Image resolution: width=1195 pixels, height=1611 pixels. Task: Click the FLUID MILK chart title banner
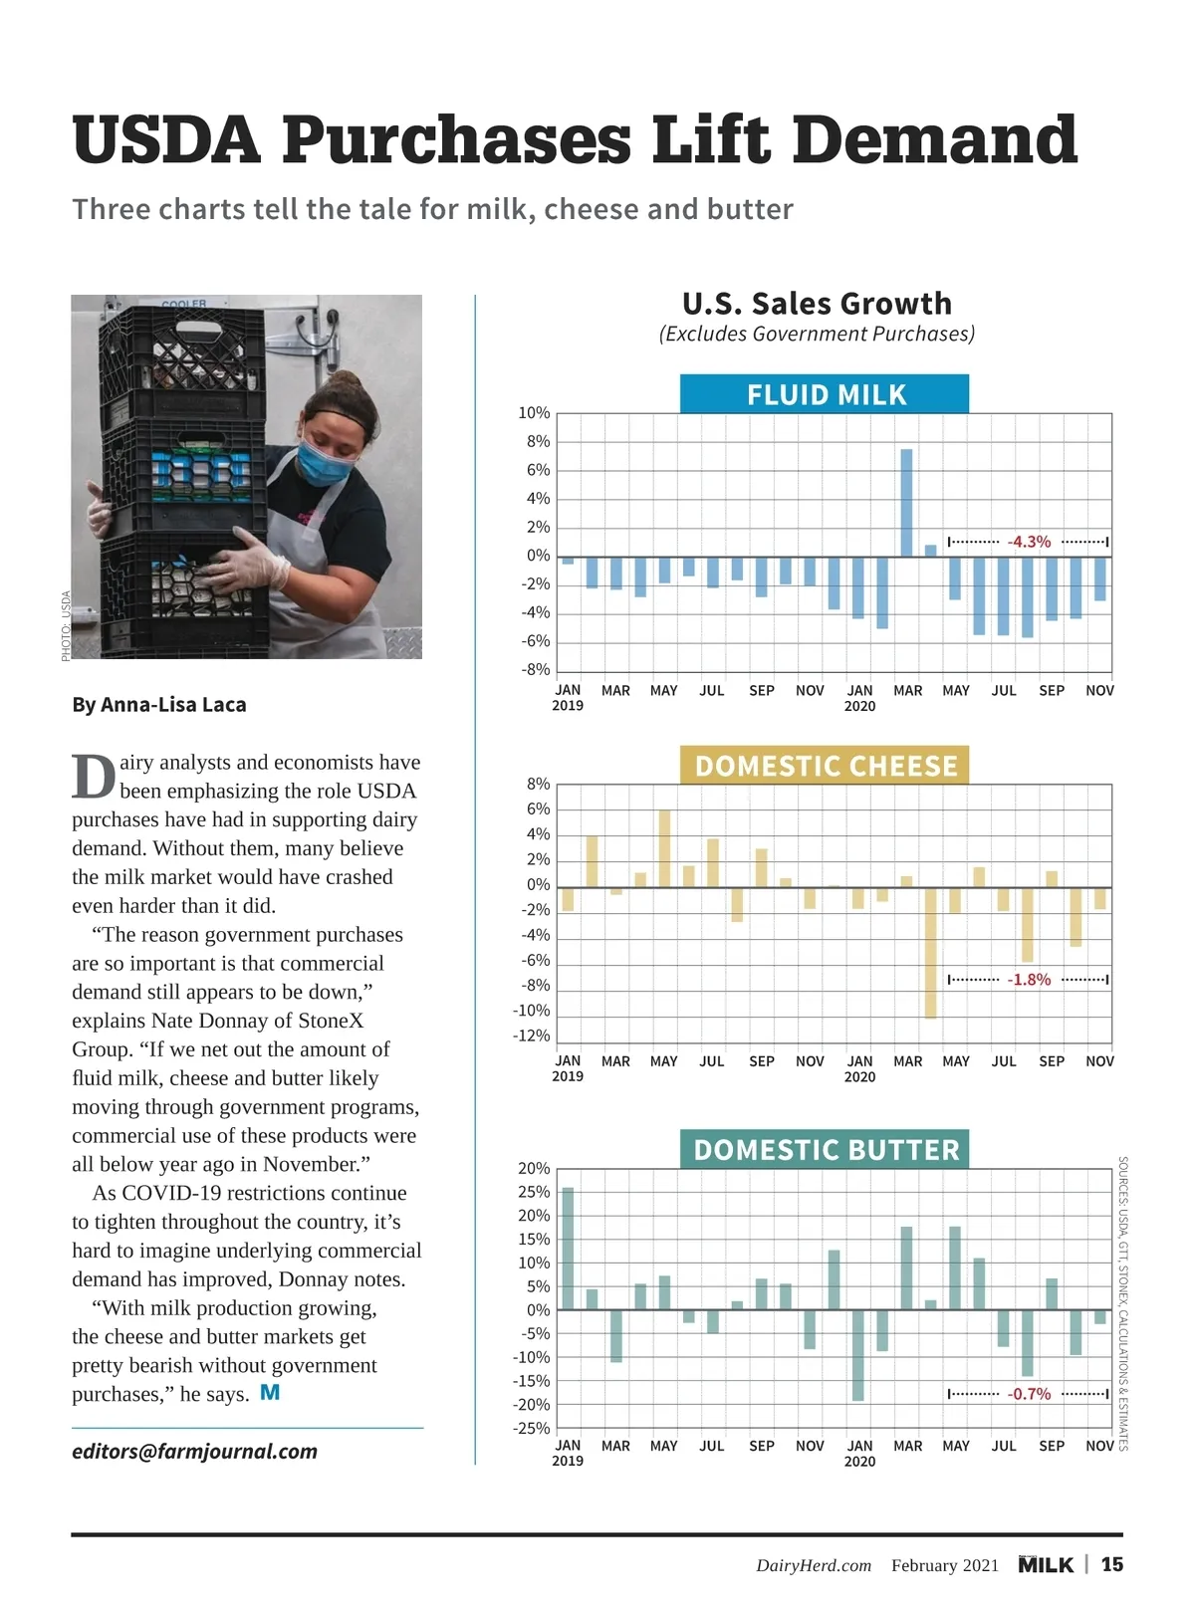click(x=825, y=394)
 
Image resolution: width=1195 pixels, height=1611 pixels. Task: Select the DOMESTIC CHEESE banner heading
click(x=825, y=766)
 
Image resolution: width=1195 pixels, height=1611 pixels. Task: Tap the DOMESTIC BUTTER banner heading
click(x=825, y=1150)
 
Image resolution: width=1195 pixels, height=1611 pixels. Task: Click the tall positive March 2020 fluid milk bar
click(x=906, y=503)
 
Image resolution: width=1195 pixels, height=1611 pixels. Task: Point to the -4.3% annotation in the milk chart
click(x=1029, y=542)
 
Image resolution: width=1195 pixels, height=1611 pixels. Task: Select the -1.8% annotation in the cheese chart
click(x=1029, y=980)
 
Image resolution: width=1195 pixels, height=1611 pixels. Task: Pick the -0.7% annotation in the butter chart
click(x=1029, y=1394)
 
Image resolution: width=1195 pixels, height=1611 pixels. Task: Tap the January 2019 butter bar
click(x=568, y=1249)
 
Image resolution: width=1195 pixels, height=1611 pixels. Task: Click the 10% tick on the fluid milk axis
click(x=534, y=413)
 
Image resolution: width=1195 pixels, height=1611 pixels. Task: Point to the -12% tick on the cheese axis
click(x=532, y=1036)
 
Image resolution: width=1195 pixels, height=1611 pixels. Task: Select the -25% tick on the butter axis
click(x=532, y=1428)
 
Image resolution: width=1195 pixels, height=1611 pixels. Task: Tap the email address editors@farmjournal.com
click(x=194, y=1452)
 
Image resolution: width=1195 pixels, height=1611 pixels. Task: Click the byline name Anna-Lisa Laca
click(x=173, y=705)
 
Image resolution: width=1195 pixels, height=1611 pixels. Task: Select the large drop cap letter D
click(x=93, y=778)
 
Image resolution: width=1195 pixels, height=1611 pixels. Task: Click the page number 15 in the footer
click(x=1111, y=1565)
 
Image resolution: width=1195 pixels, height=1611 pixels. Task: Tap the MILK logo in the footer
click(x=1046, y=1565)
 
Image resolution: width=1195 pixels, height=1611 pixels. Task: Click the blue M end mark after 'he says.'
click(x=270, y=1393)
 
